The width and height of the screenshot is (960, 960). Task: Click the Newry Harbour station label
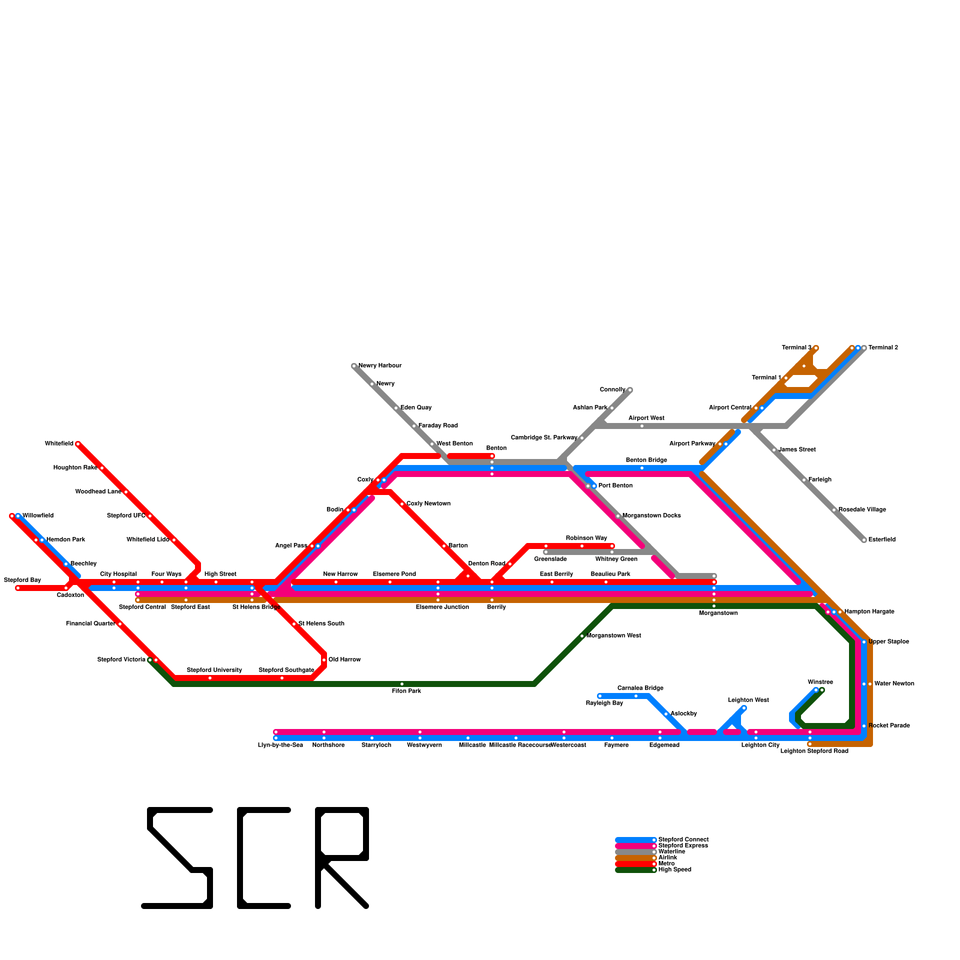pyautogui.click(x=380, y=366)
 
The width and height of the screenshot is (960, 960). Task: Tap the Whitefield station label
pyautogui.click(x=59, y=444)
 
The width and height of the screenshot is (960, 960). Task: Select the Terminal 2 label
pyautogui.click(x=883, y=348)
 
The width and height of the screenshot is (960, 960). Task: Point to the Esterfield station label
pyautogui.click(x=882, y=540)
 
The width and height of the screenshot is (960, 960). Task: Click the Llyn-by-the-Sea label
pyautogui.click(x=280, y=745)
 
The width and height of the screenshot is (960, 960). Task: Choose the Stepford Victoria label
pyautogui.click(x=121, y=660)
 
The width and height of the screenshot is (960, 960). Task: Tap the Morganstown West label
pyautogui.click(x=614, y=636)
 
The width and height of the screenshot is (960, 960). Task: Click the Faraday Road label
pyautogui.click(x=438, y=426)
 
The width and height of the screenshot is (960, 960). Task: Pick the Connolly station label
pyautogui.click(x=613, y=390)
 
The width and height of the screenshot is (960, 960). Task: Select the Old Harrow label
pyautogui.click(x=345, y=660)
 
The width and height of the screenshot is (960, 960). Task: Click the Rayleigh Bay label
pyautogui.click(x=604, y=703)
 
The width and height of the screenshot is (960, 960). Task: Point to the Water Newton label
pyautogui.click(x=894, y=684)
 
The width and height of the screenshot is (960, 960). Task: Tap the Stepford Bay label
pyautogui.click(x=22, y=580)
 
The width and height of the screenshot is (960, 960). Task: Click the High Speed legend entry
pyautogui.click(x=674, y=870)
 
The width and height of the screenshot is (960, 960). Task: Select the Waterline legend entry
pyautogui.click(x=671, y=852)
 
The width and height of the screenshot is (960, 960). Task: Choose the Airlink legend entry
pyautogui.click(x=668, y=858)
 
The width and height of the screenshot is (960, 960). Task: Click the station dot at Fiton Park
pyautogui.click(x=402, y=684)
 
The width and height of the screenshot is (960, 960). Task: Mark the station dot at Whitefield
pyautogui.click(x=78, y=444)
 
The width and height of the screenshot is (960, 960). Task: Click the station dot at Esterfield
pyautogui.click(x=864, y=540)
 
